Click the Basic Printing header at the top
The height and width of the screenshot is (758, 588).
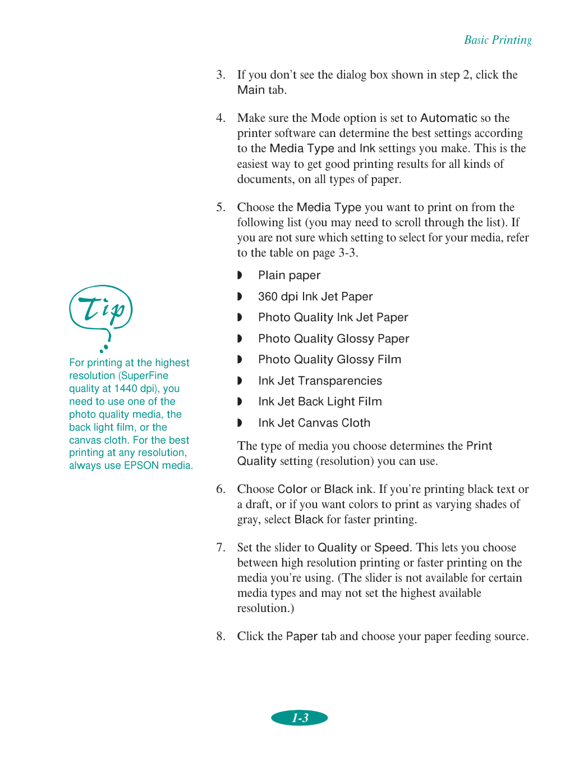(x=498, y=40)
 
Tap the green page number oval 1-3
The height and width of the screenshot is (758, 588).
(x=300, y=718)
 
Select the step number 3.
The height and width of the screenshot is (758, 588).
(x=220, y=75)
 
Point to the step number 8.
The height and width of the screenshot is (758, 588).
(x=220, y=636)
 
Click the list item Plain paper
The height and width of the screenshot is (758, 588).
(x=289, y=275)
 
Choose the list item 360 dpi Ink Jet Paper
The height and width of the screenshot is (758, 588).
(x=315, y=296)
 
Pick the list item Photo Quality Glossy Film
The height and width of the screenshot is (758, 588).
(x=329, y=359)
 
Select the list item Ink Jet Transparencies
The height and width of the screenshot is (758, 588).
(x=320, y=381)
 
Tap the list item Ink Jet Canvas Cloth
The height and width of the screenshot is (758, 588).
(x=314, y=423)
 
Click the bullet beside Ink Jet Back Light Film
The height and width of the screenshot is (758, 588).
(x=240, y=401)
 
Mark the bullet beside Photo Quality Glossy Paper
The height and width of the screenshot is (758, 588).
(x=240, y=339)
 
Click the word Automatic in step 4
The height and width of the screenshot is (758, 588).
(x=448, y=118)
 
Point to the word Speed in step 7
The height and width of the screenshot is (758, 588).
(x=391, y=547)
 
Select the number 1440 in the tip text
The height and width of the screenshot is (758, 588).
(x=126, y=389)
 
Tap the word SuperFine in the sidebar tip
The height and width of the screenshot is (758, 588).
(x=145, y=376)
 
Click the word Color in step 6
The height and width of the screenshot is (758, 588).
(x=292, y=489)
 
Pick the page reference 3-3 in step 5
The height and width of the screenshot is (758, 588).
(x=347, y=253)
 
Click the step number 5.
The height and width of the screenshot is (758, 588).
(x=220, y=207)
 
